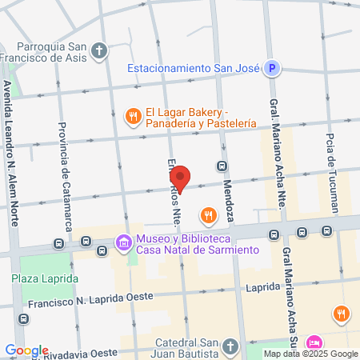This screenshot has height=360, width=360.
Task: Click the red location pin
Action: (x=182, y=178)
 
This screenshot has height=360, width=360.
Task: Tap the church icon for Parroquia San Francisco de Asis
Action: (x=99, y=52)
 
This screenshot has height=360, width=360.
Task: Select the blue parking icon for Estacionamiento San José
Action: (x=272, y=69)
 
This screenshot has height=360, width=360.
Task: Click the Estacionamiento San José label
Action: (x=193, y=69)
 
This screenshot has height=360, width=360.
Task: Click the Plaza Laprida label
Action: (x=45, y=278)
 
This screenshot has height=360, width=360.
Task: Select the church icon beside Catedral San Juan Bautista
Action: (x=230, y=346)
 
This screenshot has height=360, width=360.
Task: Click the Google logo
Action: (x=26, y=350)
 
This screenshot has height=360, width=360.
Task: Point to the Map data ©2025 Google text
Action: (x=311, y=354)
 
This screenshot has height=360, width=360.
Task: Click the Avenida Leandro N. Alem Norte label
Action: (x=10, y=151)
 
